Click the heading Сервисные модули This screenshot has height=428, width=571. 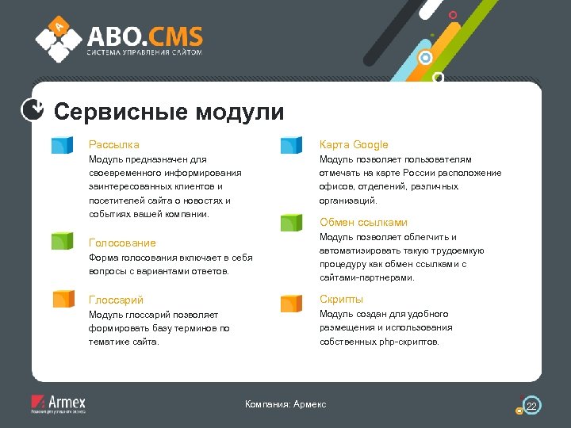click(168, 112)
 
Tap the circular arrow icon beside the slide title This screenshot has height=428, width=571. click(32, 110)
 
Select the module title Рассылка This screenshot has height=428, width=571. click(113, 144)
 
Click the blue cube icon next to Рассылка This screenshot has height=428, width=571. click(63, 144)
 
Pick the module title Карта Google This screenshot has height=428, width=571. click(354, 144)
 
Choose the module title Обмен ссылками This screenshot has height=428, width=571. click(363, 222)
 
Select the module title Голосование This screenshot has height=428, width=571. click(122, 243)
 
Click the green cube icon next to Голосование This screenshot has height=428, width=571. click(63, 242)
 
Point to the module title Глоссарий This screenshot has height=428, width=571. click(116, 300)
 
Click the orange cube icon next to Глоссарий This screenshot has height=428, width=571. click(63, 299)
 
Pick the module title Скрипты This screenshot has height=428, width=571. click(341, 299)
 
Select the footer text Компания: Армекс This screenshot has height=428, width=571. click(285, 405)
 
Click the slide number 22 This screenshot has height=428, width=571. click(531, 406)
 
